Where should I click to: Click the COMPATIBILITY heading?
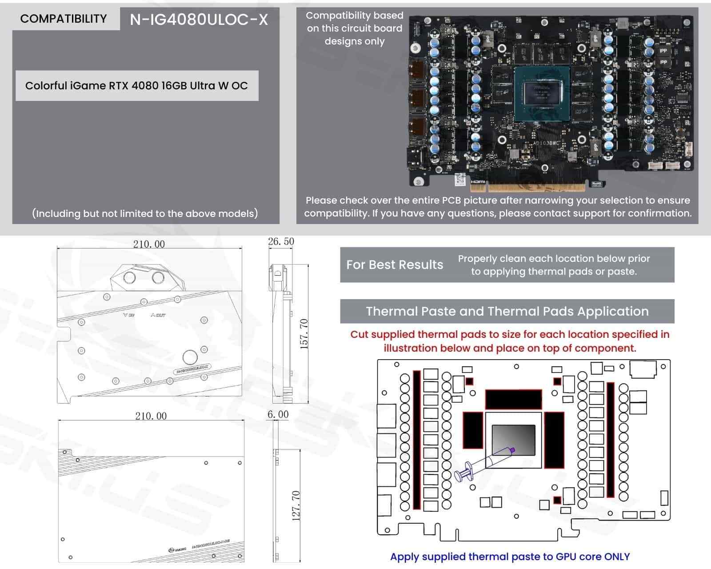(64, 19)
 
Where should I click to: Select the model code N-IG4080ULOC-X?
(199, 20)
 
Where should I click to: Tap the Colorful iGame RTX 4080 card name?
(136, 86)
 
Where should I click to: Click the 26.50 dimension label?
(281, 241)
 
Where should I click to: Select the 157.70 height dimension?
(304, 333)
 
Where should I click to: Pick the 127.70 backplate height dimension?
(296, 505)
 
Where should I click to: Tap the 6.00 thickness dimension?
(278, 414)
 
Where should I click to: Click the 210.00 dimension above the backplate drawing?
(151, 416)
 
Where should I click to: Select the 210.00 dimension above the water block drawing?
(149, 244)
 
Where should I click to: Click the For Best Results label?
(395, 265)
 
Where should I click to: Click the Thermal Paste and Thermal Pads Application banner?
(507, 311)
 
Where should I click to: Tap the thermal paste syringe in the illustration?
(484, 465)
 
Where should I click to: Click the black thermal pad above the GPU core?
(513, 399)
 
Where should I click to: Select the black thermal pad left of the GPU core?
(473, 429)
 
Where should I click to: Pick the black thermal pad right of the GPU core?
(554, 440)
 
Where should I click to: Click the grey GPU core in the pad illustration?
(513, 440)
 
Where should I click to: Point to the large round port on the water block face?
(190, 357)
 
